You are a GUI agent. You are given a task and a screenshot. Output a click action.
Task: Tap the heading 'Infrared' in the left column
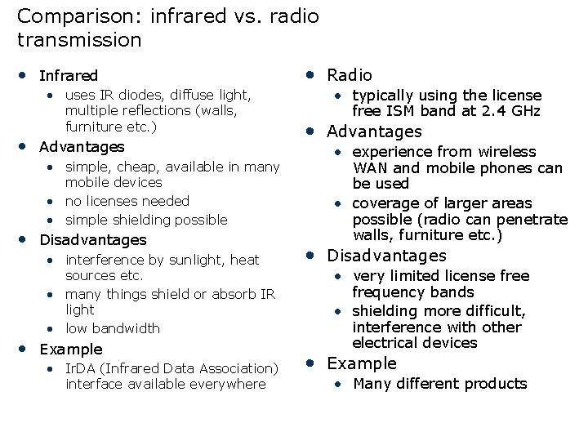(x=69, y=76)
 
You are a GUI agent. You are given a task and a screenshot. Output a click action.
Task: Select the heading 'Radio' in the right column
(x=350, y=75)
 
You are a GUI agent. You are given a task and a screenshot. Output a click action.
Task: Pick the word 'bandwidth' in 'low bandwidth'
(x=126, y=328)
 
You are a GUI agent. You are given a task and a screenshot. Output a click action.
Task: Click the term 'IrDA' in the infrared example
(x=80, y=368)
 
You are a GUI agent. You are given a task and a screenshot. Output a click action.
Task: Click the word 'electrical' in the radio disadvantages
(x=385, y=343)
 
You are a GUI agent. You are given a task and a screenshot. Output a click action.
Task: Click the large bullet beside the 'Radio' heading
(x=310, y=74)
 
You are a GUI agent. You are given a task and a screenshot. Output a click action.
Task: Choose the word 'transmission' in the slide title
(x=78, y=39)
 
